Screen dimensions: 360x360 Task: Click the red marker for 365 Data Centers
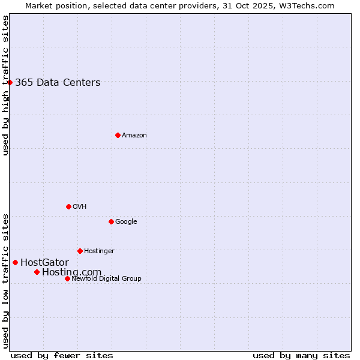point(10,82)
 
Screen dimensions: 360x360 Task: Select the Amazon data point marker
point(118,135)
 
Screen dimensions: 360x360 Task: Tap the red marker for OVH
point(68,206)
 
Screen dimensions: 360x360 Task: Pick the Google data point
point(111,221)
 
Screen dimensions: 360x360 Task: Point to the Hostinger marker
point(80,251)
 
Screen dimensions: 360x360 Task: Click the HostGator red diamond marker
point(15,262)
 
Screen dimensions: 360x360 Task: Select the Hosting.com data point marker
point(37,272)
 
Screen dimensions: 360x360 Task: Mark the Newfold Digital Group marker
point(67,278)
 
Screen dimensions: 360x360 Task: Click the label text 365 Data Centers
point(58,82)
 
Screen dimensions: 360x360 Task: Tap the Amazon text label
point(134,135)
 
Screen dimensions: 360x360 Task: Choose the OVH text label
point(80,206)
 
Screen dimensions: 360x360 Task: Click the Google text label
point(126,221)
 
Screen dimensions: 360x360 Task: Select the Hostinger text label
point(99,251)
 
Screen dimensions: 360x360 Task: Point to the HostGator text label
point(44,262)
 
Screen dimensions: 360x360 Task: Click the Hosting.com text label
point(71,272)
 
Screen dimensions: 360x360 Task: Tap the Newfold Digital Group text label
point(106,278)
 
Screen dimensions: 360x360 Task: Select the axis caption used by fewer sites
point(62,355)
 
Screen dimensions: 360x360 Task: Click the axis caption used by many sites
point(301,355)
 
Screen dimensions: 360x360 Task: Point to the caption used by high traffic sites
point(5,85)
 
